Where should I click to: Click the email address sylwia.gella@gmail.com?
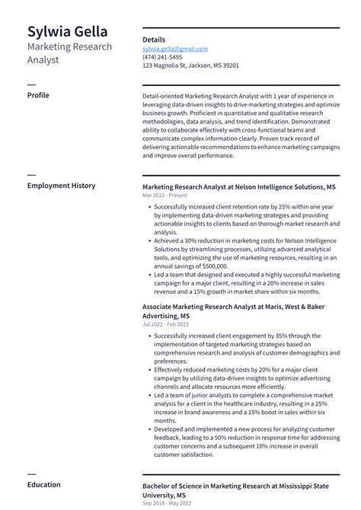(174, 49)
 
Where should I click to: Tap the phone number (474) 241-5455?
(162, 57)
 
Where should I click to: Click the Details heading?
(154, 40)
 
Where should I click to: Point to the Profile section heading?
(38, 95)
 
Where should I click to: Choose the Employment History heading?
(61, 186)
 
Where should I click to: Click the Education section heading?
(44, 484)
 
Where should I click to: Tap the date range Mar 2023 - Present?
(165, 196)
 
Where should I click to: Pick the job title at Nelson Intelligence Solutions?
(238, 186)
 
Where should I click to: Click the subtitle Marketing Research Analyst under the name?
(69, 53)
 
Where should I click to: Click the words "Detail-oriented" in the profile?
(164, 97)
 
